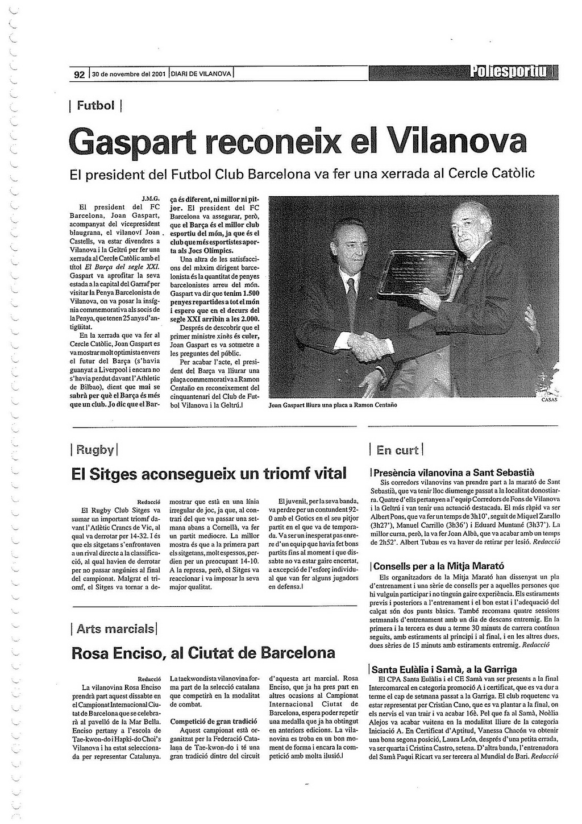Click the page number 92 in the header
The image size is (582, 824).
tap(80, 74)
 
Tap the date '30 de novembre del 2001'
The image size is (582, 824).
tap(129, 74)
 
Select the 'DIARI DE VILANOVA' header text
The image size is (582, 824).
tap(201, 74)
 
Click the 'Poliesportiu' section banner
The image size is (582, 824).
tap(509, 72)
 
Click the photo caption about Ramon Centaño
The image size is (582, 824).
tap(332, 405)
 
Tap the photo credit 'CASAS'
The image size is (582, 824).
tap(549, 400)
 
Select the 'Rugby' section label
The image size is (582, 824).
tap(94, 450)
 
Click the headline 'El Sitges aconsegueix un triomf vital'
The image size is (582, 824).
tap(209, 474)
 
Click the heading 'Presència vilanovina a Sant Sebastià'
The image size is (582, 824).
tap(453, 472)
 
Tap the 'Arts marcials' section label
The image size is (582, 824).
tap(115, 628)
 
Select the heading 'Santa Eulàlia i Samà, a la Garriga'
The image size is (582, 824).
tap(444, 669)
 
